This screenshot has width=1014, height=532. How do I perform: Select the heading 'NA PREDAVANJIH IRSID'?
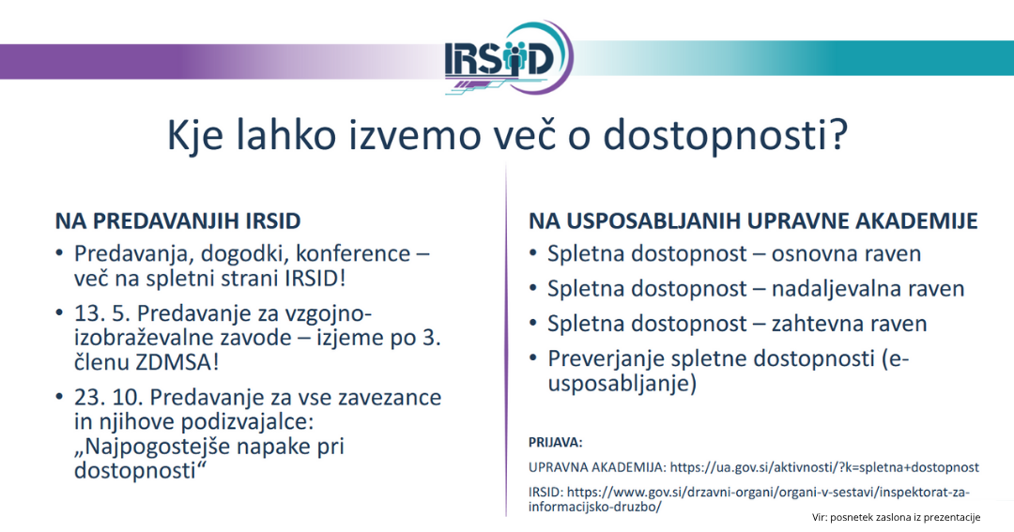[177, 221]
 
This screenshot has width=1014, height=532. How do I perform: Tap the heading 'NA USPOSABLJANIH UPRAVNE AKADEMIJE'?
[753, 221]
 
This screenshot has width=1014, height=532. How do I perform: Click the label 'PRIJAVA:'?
[556, 441]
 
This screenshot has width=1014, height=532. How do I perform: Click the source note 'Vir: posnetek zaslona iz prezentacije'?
[896, 517]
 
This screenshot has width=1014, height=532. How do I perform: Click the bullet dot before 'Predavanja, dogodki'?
[61, 253]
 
